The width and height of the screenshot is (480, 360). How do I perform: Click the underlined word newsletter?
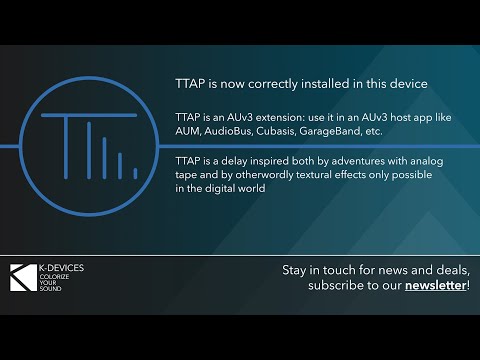coord(435,286)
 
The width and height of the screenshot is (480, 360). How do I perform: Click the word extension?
coord(270,117)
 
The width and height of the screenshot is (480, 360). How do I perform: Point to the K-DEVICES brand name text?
coord(62,269)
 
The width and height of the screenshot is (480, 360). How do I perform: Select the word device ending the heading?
coord(404,83)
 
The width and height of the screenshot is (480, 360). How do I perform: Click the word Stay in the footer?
coord(297,271)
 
